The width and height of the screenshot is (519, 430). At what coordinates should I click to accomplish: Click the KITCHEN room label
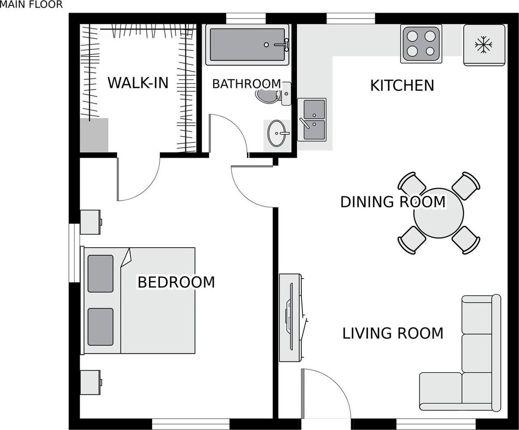(x=402, y=85)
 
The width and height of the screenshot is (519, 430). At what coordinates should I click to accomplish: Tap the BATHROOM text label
(x=246, y=84)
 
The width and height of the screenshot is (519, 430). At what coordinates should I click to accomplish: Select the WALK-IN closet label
(x=138, y=83)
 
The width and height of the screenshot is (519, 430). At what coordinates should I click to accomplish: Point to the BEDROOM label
(x=176, y=282)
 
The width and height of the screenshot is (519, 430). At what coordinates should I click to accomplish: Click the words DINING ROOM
(x=392, y=202)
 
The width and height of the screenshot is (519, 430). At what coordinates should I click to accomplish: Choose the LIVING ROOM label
(x=392, y=333)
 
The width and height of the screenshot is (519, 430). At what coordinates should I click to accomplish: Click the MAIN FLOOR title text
(x=31, y=5)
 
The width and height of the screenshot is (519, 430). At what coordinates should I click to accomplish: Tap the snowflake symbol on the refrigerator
(x=483, y=45)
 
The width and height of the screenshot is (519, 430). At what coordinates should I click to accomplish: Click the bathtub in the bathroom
(x=247, y=45)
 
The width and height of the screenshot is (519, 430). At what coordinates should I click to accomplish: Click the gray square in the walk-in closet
(x=94, y=135)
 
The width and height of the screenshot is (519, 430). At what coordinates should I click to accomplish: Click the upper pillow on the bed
(x=101, y=274)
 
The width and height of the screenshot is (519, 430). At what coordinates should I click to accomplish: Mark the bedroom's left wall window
(x=71, y=253)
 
